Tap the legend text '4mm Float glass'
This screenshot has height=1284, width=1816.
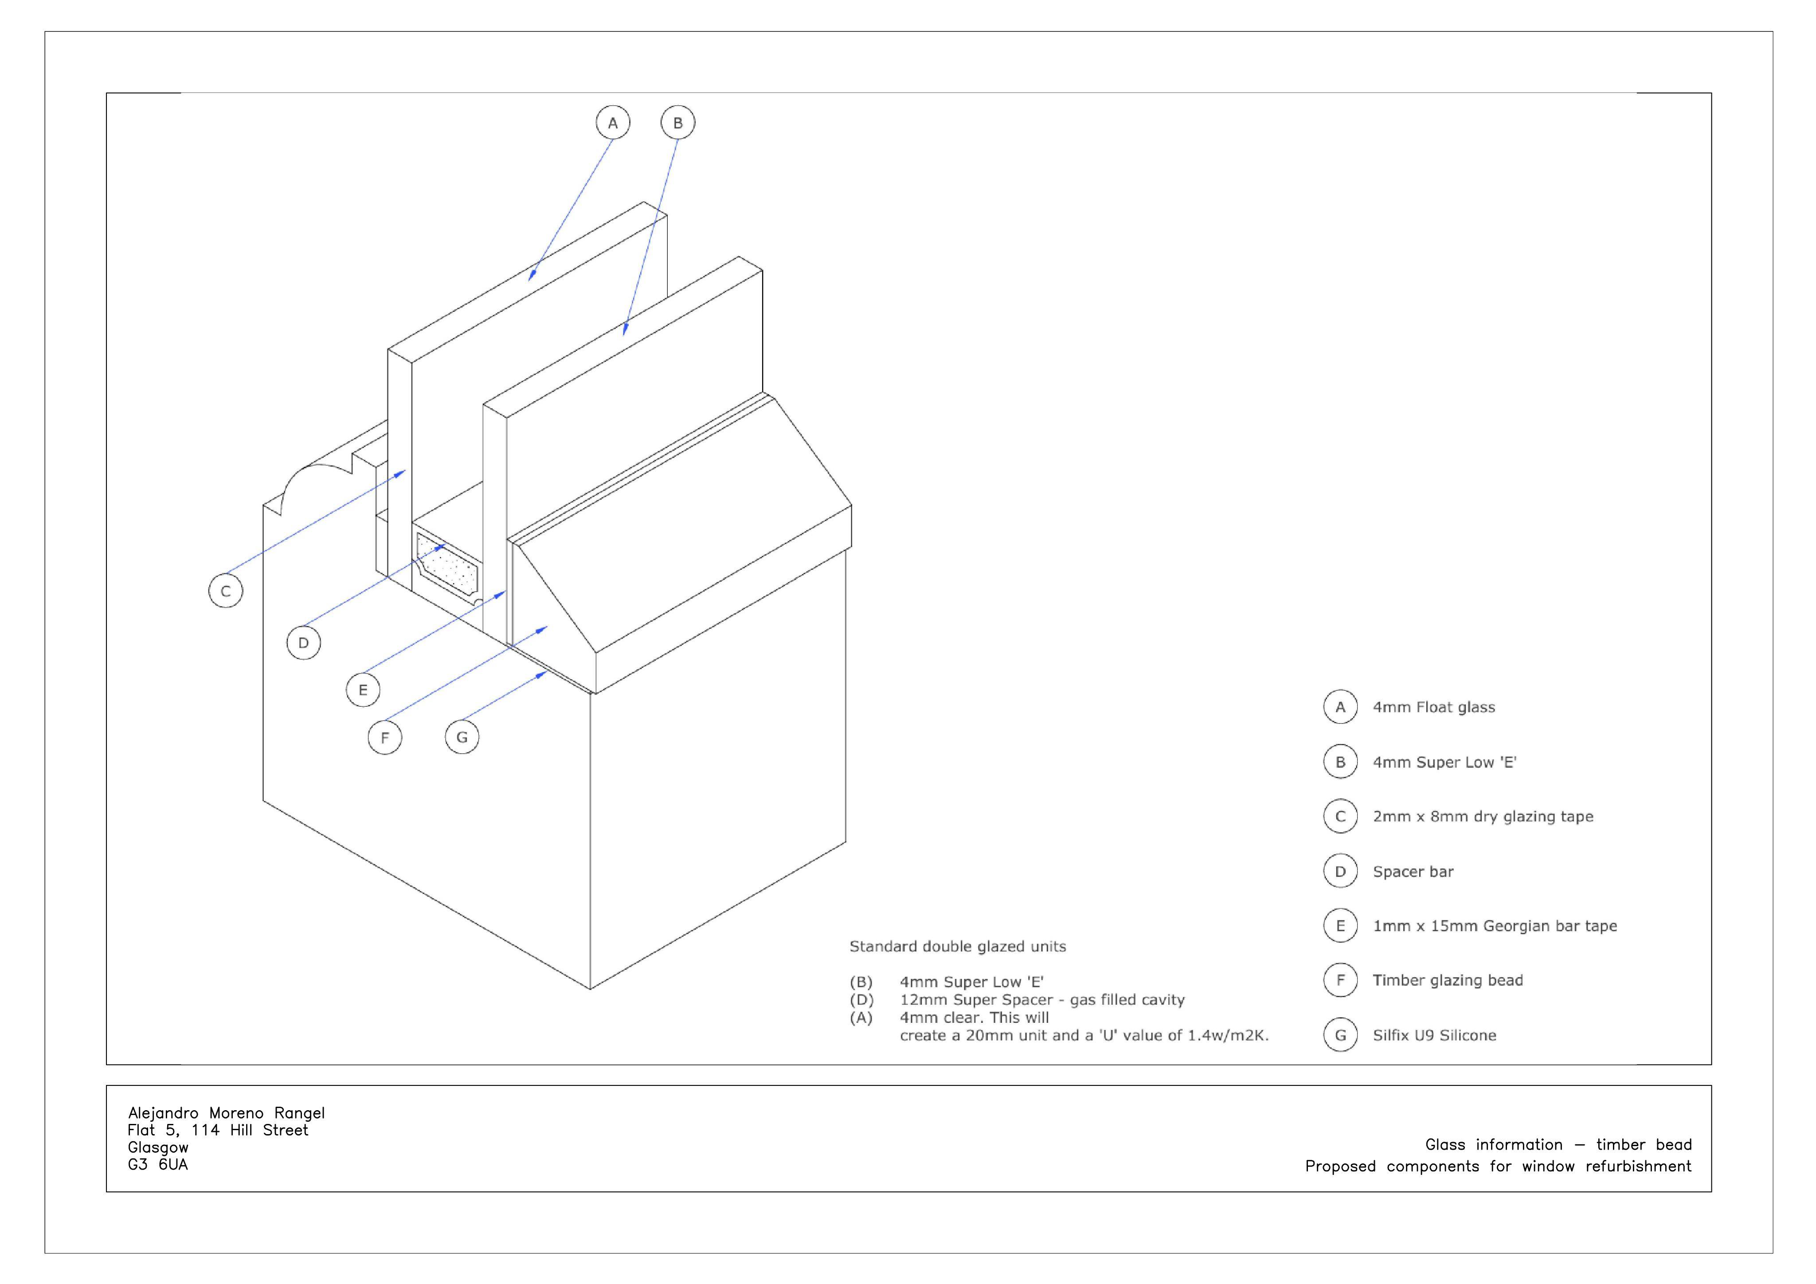pos(1434,707)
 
